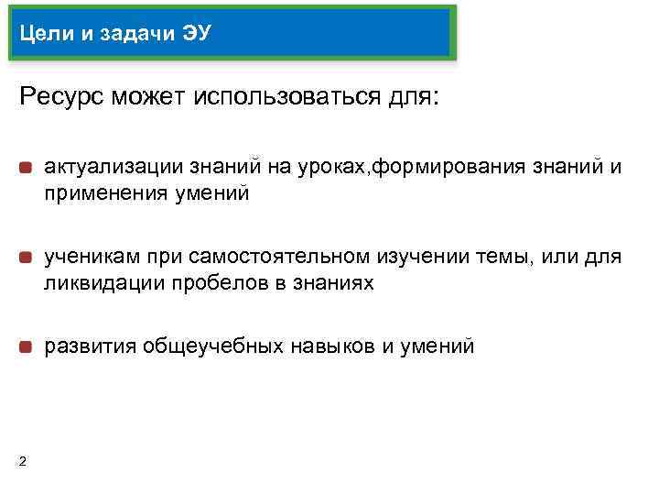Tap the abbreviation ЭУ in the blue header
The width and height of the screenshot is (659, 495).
point(196,35)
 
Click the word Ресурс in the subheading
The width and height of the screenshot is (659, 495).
point(61,96)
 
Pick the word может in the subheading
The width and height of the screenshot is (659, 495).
point(149,96)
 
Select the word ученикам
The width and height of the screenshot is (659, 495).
point(84,258)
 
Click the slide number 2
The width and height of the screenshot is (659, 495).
point(22,460)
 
